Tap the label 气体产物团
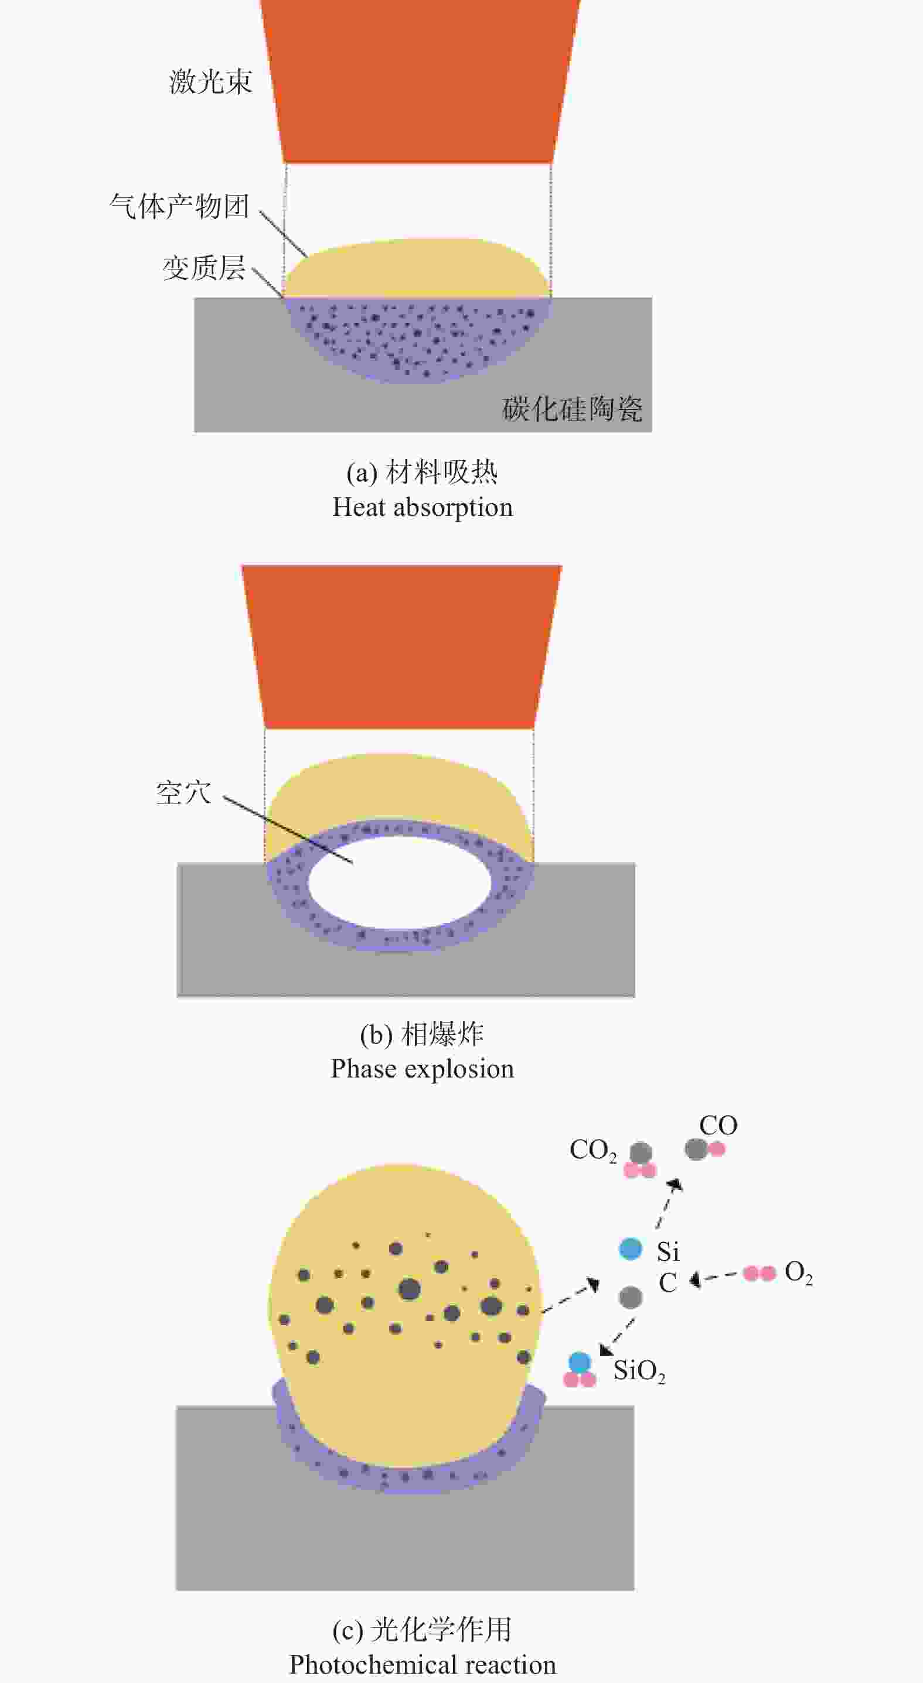tap(180, 207)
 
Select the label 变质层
tap(204, 268)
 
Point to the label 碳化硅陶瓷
tap(572, 409)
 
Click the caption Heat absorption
tap(423, 508)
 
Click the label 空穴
tap(183, 793)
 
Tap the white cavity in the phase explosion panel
tap(400, 882)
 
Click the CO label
tap(718, 1126)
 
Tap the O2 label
tap(799, 1273)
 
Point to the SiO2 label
tap(639, 1371)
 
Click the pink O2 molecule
tap(759, 1273)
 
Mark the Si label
tap(668, 1252)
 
